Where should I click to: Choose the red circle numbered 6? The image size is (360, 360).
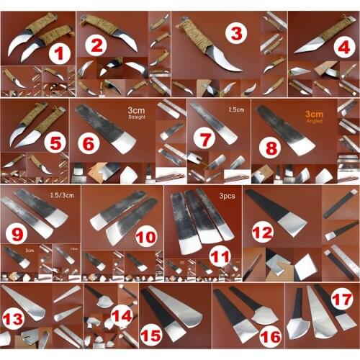click(x=89, y=143)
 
